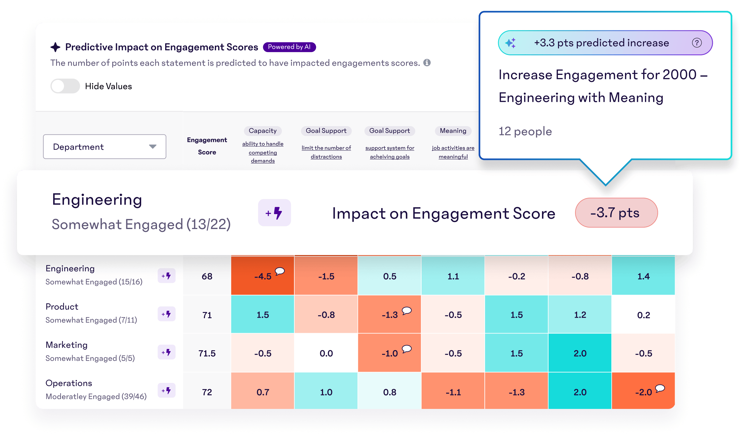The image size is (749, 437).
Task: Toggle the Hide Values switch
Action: [x=65, y=86]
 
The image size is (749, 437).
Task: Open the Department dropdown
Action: [x=105, y=147]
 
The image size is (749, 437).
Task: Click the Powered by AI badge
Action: [x=289, y=47]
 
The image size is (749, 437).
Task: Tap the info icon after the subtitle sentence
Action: [x=427, y=63]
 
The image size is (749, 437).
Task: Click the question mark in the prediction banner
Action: [x=696, y=43]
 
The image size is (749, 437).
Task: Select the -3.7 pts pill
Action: [x=616, y=213]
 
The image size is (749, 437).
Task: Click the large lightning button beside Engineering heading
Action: [x=274, y=213]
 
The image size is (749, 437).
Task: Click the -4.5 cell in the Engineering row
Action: [x=263, y=276]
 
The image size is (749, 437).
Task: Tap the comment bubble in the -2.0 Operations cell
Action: [x=660, y=388]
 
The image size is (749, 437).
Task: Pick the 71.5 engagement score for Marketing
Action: [x=207, y=353]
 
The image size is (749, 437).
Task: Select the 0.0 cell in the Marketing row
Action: [x=326, y=353]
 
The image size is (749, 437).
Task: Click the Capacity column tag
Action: [x=263, y=131]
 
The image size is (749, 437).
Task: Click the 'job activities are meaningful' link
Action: [x=453, y=152]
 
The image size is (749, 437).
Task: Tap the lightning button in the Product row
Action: [x=166, y=314]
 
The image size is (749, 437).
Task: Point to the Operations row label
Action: [x=69, y=383]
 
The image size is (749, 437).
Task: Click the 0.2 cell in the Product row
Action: [x=643, y=315]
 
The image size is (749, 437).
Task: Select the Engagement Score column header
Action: [x=207, y=146]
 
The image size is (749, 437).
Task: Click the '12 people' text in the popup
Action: [x=525, y=131]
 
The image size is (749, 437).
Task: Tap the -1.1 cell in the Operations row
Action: [x=453, y=392]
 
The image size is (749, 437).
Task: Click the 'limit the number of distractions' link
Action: [x=326, y=152]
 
